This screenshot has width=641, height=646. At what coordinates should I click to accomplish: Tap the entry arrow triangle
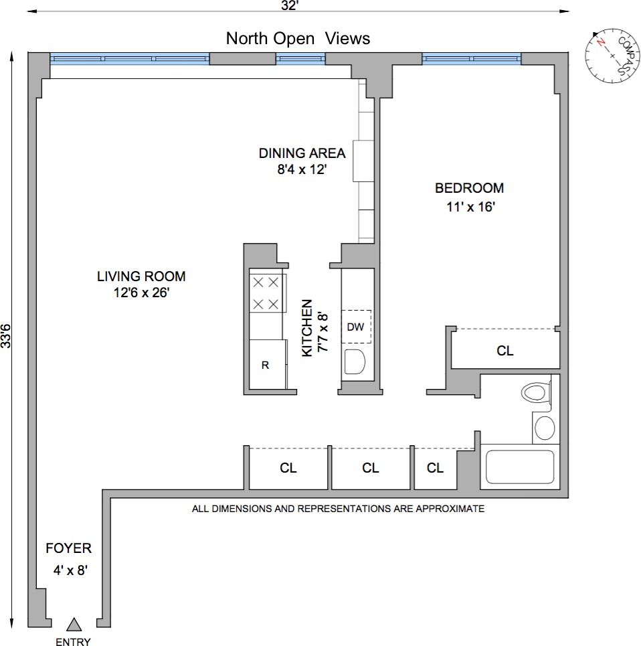point(74,625)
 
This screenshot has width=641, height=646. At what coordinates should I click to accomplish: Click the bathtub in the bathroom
point(519,467)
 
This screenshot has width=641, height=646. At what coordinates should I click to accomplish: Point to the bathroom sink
point(545,428)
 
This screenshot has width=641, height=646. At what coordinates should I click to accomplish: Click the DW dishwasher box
point(356,327)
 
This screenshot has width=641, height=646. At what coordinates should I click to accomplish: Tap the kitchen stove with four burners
point(266,293)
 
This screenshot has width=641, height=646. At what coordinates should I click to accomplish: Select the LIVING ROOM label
point(141,276)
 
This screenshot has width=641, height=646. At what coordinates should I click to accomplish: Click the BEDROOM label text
point(470,188)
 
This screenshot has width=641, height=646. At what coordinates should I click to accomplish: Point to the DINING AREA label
point(302,153)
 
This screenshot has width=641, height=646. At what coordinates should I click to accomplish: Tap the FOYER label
point(68,549)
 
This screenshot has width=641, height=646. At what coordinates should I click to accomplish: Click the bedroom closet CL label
point(505,350)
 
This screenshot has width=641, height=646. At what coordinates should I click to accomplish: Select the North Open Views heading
point(298,38)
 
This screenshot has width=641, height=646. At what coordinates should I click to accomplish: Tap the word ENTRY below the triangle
point(74,641)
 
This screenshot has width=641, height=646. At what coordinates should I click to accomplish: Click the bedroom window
point(472,59)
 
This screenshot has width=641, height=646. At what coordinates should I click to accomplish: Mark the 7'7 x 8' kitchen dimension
point(324,333)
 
